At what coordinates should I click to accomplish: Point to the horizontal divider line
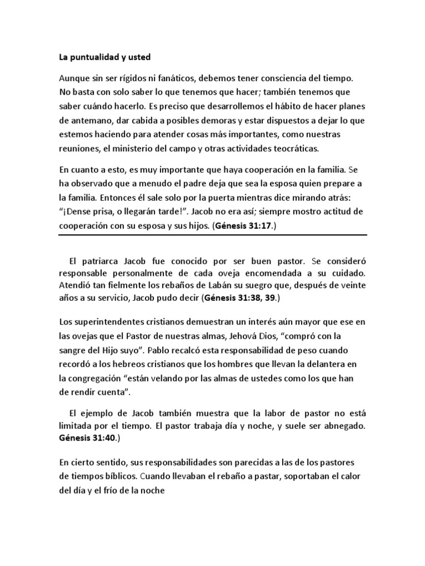click(x=212, y=235)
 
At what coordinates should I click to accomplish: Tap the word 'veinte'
click(x=353, y=286)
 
